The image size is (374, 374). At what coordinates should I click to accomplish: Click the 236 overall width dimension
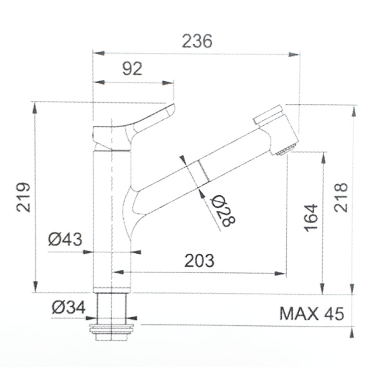[x=196, y=41]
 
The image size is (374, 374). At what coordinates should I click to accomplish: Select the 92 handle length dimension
[x=132, y=69]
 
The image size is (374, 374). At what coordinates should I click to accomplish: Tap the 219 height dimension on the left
[x=23, y=197]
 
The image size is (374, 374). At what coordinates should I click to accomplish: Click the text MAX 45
[x=311, y=313]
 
